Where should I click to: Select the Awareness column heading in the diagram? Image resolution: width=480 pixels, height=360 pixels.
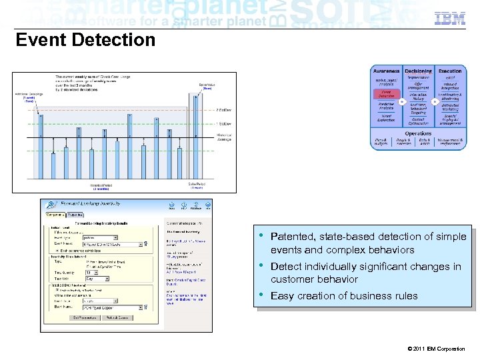click(387, 71)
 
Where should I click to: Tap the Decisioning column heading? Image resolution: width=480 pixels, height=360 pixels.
click(418, 71)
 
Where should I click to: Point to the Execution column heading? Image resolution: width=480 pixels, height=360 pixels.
click(450, 71)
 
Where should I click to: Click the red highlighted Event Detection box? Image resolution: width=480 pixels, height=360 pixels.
click(387, 94)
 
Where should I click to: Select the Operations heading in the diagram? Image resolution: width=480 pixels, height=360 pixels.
click(418, 133)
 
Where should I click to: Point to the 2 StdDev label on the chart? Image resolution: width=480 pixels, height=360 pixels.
click(223, 109)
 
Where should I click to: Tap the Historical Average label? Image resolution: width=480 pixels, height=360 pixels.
click(225, 137)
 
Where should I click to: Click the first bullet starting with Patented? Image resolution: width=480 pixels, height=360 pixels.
click(368, 243)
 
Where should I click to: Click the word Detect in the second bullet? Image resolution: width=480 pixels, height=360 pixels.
click(285, 267)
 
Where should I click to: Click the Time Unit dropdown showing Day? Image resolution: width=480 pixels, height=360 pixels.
click(93, 279)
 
